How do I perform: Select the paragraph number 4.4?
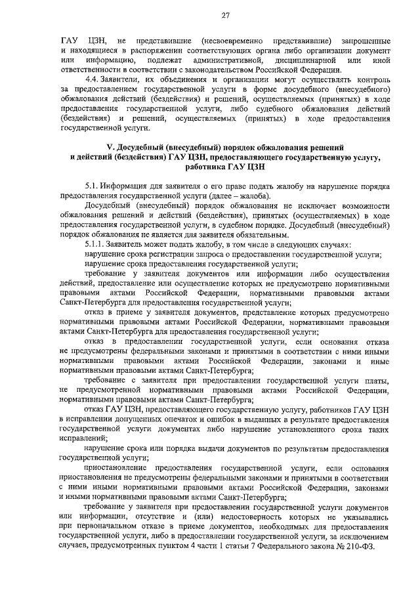click(x=91, y=80)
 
